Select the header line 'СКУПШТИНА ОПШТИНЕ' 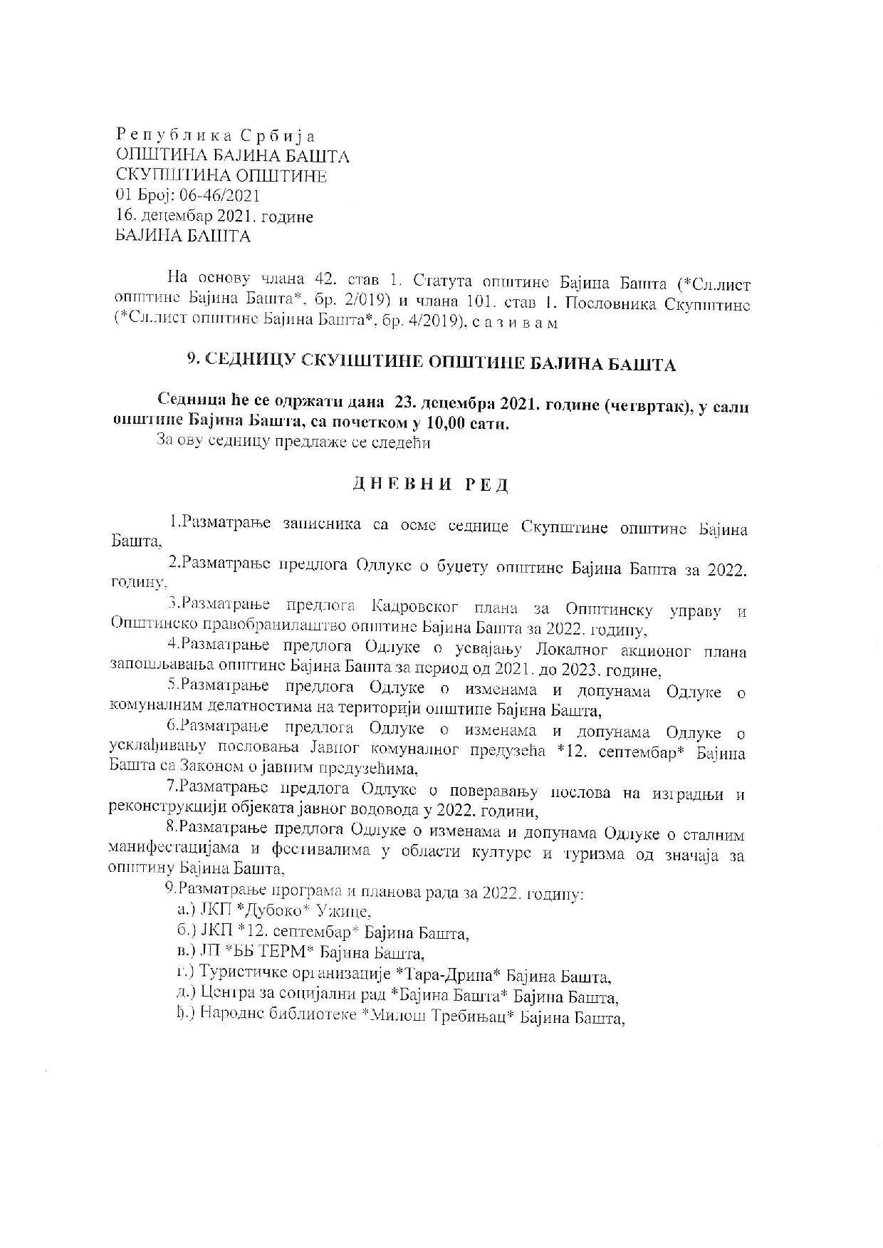click(x=221, y=175)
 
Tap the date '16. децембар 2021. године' click(x=214, y=216)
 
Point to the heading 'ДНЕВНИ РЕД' click(x=431, y=484)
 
